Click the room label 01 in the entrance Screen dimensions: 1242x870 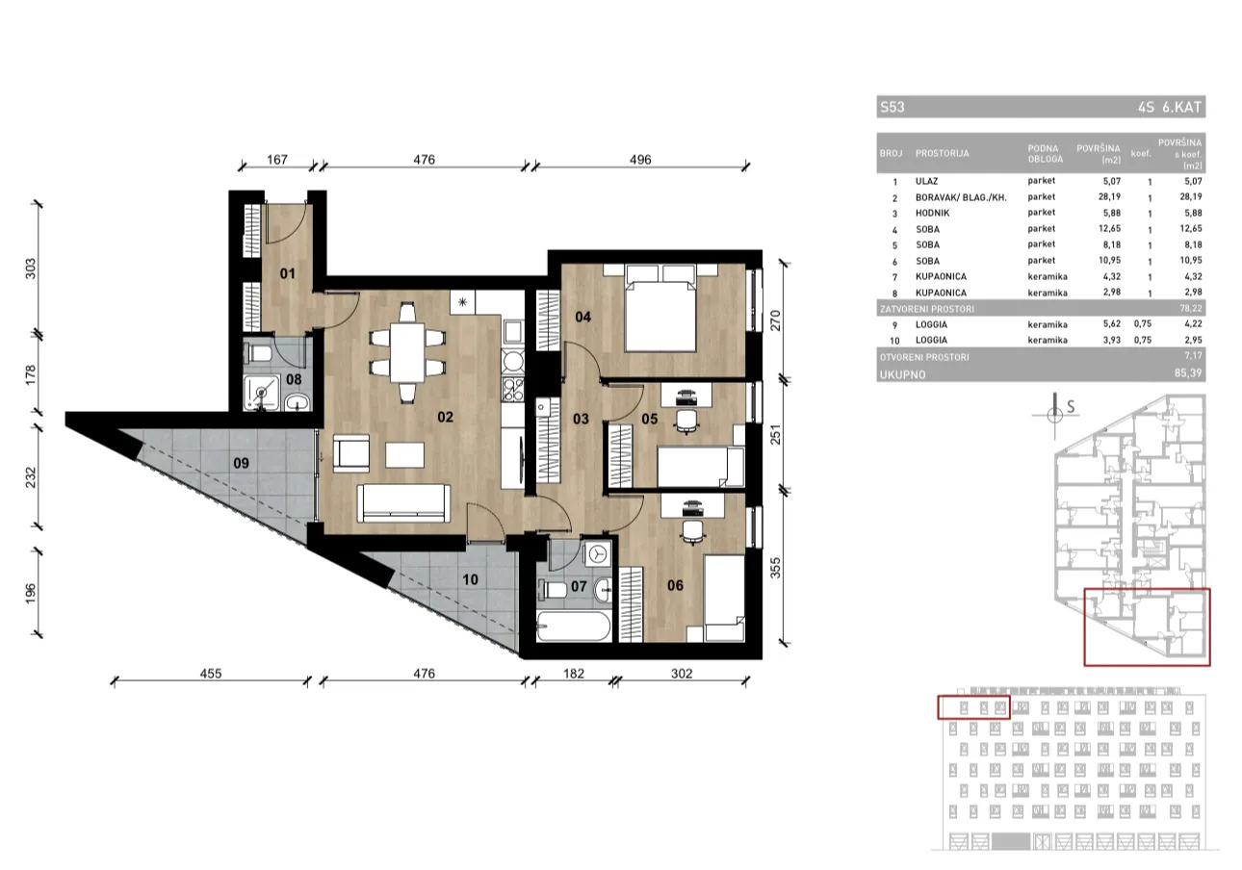coord(287,273)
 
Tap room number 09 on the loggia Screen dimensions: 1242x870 coord(241,463)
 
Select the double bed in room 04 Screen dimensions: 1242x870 coord(660,308)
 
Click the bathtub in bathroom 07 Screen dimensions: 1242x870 coord(574,627)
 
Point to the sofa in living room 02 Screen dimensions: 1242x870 coord(403,503)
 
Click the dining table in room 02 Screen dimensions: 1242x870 coord(407,352)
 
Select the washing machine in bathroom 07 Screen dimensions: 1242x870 coord(598,553)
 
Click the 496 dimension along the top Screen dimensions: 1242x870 coord(640,160)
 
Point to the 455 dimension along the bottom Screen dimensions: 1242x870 coord(211,674)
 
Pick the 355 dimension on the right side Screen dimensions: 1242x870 coord(775,568)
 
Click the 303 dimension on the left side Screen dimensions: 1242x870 coord(31,269)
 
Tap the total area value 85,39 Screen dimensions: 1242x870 coord(1188,373)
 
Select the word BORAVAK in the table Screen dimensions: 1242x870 coord(934,197)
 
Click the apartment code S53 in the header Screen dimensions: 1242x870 coord(893,107)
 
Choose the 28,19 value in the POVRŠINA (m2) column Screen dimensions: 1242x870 coord(1109,196)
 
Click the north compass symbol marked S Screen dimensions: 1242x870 coord(1054,414)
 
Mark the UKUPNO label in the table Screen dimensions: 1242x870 coord(903,374)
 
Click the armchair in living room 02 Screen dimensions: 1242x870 coord(351,452)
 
